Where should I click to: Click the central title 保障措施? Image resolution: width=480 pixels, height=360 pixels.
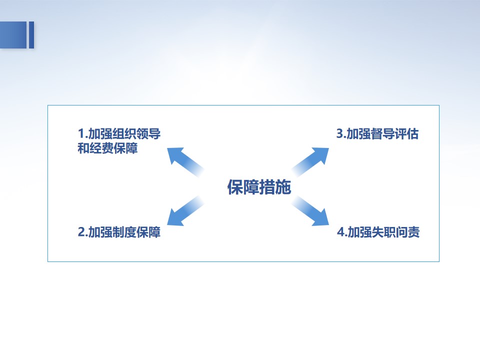(259, 186)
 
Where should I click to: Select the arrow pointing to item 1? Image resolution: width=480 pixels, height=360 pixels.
(185, 162)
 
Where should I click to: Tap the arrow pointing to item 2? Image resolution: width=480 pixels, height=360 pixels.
(185, 211)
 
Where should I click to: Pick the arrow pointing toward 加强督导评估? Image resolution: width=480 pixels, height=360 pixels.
(310, 162)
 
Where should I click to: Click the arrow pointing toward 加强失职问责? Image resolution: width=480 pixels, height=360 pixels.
(310, 211)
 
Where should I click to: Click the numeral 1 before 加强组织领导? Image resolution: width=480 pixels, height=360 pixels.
(81, 134)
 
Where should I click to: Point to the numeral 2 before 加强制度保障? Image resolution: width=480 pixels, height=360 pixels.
(81, 232)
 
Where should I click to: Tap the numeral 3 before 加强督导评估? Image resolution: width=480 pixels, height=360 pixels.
(340, 134)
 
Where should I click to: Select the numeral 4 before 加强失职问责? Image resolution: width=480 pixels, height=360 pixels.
(341, 232)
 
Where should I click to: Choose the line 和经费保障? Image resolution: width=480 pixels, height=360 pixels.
(108, 148)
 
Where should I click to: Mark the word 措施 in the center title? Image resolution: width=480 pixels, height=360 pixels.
(275, 186)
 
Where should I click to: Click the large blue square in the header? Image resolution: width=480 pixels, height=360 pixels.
(13, 35)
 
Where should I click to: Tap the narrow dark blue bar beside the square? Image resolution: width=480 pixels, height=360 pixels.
(31, 35)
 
